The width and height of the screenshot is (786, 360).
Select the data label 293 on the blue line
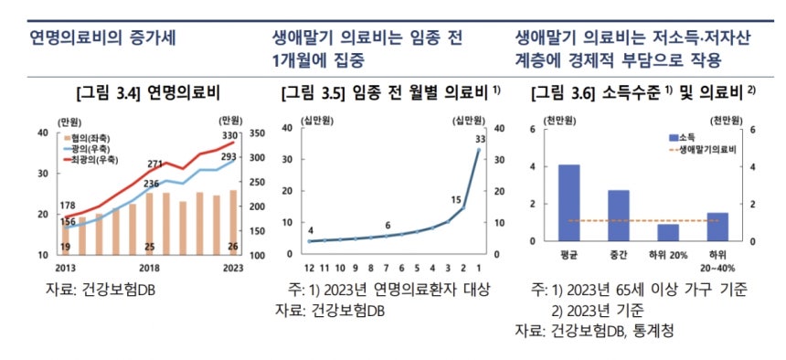(x=228, y=156)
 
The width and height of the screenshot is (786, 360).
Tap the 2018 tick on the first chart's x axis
(x=148, y=268)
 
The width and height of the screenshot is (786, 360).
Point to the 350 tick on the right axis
(x=256, y=133)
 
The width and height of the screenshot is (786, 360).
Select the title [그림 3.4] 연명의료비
(x=149, y=93)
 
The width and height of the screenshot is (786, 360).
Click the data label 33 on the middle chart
(x=478, y=139)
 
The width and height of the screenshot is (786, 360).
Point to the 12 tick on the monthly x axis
(x=310, y=268)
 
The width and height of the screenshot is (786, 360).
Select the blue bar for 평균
(x=568, y=203)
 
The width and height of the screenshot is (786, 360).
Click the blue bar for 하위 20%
(x=668, y=232)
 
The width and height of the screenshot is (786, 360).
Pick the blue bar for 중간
(x=619, y=216)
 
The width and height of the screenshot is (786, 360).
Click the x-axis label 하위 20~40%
(x=717, y=263)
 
